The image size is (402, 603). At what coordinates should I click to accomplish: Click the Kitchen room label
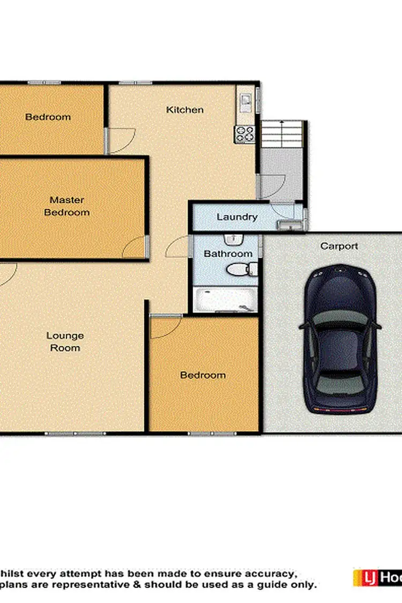(184, 110)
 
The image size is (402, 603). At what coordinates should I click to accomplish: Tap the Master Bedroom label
(66, 206)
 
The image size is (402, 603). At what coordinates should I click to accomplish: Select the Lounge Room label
(65, 341)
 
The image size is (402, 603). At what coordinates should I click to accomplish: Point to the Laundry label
(237, 217)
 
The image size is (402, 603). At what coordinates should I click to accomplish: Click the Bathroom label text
(228, 254)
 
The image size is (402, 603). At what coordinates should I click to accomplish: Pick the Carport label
(339, 246)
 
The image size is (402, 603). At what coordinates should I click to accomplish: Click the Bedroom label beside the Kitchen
(48, 117)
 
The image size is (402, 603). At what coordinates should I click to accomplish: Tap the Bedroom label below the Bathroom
(203, 375)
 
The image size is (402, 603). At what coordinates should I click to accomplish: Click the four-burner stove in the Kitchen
(244, 133)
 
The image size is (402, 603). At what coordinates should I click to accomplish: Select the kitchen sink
(245, 100)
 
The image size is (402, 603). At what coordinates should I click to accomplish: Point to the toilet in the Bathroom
(238, 270)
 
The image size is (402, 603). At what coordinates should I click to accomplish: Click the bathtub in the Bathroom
(225, 300)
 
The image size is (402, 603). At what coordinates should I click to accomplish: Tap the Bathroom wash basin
(234, 240)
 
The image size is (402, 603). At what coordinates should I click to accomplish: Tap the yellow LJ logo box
(366, 578)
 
